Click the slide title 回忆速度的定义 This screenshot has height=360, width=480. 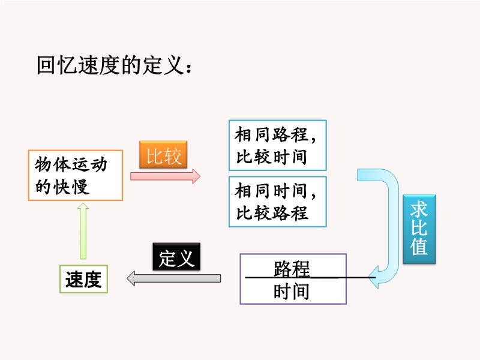114,65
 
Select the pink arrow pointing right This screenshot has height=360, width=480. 165,176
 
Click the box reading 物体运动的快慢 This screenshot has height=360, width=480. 76,175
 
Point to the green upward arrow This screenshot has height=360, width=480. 83,231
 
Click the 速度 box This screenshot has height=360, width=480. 83,279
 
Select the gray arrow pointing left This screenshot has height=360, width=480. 174,278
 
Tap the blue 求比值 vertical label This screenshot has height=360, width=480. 419,229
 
